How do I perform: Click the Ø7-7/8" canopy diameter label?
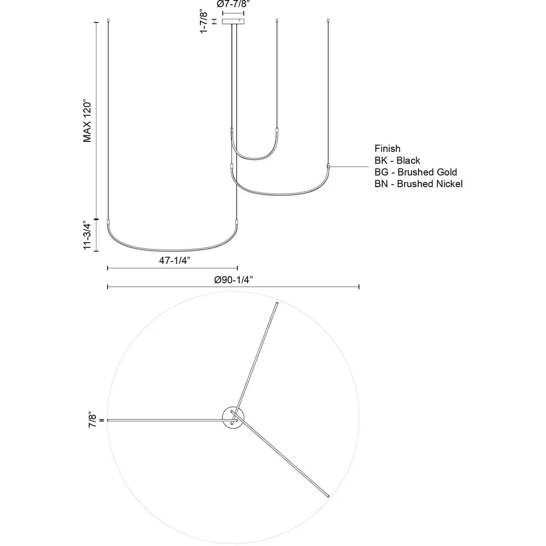coord(233,4)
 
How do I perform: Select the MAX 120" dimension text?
coord(87,121)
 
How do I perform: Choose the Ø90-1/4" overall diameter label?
coord(233,279)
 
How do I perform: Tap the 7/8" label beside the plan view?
coord(93,420)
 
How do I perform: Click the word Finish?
coord(387,149)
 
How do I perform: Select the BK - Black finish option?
coord(397,160)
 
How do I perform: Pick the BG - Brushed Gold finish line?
coord(415,172)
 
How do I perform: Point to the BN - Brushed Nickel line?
coord(418,184)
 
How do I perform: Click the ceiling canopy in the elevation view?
coord(233,22)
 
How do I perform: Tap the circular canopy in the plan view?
coord(233,416)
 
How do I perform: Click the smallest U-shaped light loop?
coord(254,158)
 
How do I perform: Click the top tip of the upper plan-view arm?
coord(276,304)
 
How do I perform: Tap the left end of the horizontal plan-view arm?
coord(109,420)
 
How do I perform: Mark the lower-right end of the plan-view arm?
coord(327,496)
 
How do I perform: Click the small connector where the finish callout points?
coord(329,166)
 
